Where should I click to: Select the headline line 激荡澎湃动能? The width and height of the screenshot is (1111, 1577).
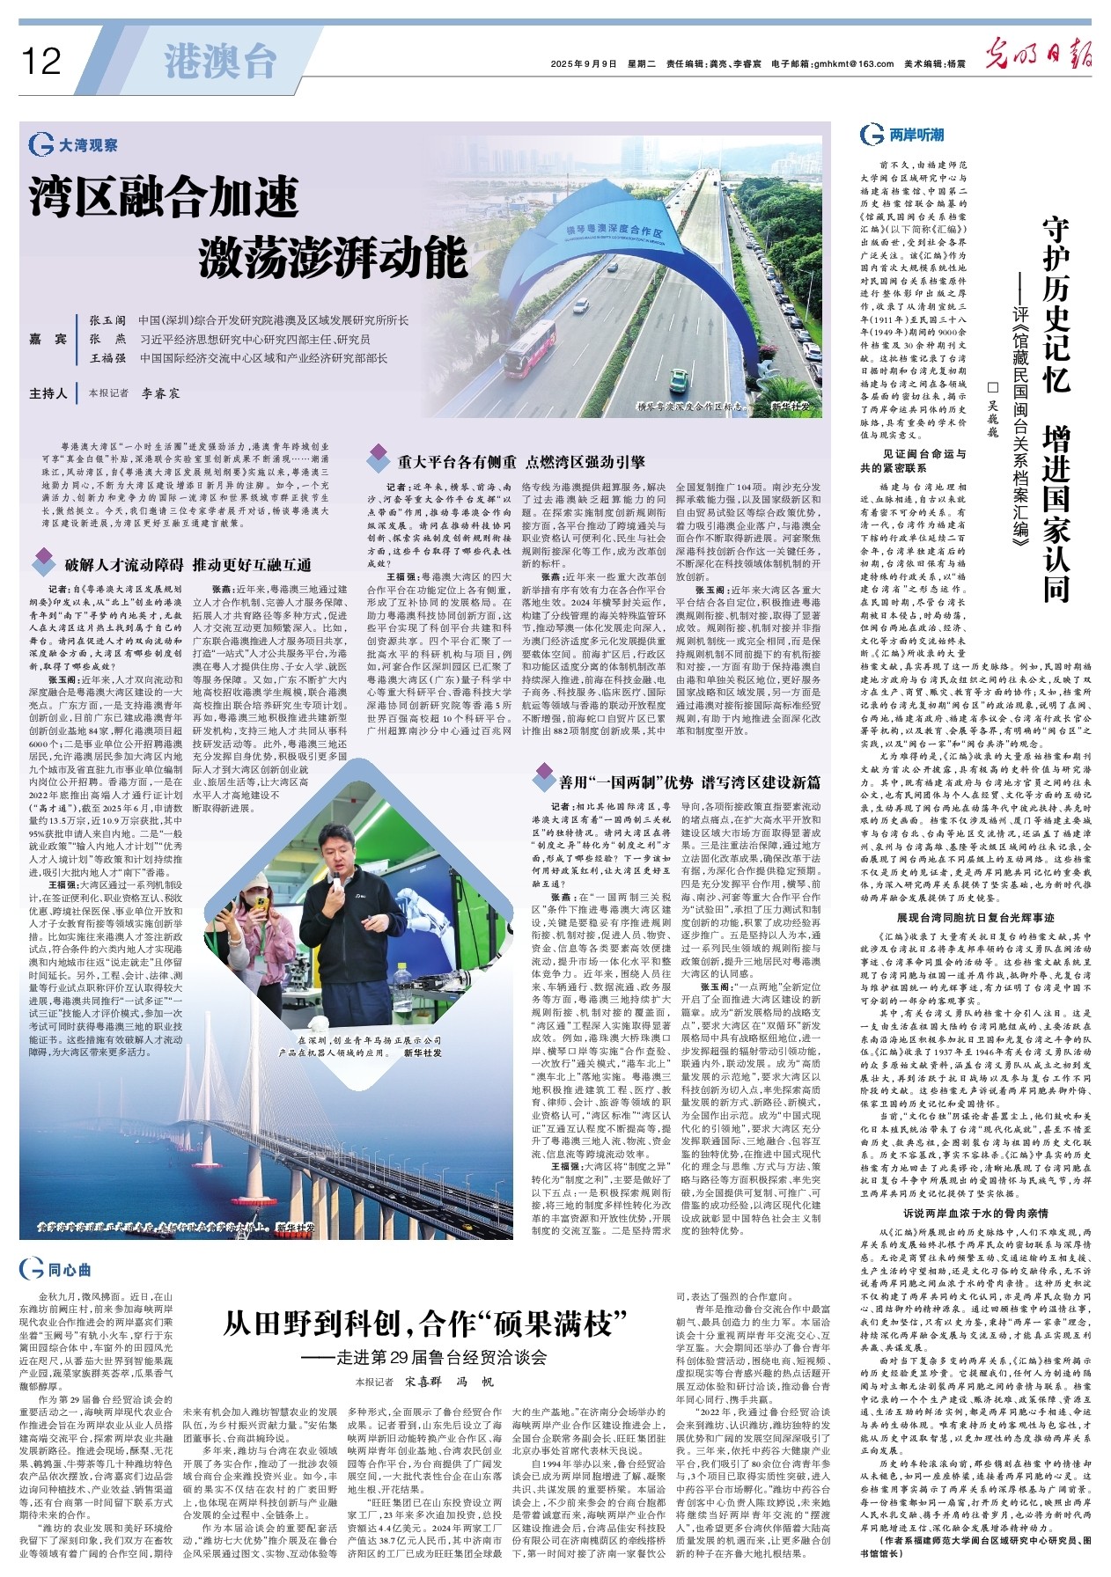coord(333,256)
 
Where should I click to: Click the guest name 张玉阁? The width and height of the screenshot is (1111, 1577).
coord(107,320)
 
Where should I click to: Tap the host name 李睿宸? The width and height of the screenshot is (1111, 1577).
coord(161,393)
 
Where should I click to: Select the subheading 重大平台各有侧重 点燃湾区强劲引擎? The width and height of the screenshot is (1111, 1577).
coord(520,462)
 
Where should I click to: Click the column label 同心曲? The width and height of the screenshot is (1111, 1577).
coord(69,1269)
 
